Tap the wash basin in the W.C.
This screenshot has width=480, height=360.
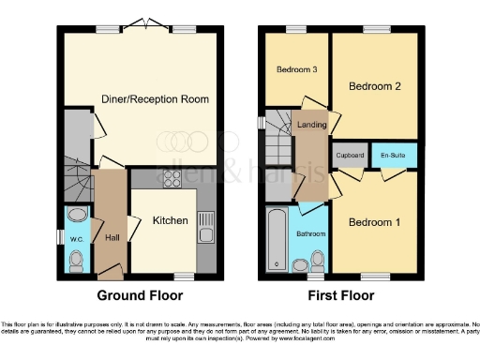click(x=77, y=216)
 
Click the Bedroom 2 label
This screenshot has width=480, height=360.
click(x=374, y=86)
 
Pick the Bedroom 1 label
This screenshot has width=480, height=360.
click(x=374, y=222)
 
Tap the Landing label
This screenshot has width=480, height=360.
click(x=312, y=125)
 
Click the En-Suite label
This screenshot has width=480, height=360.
click(x=391, y=155)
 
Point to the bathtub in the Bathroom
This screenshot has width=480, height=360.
click(x=277, y=239)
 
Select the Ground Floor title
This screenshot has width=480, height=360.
click(x=140, y=294)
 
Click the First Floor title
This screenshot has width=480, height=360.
click(x=340, y=294)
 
